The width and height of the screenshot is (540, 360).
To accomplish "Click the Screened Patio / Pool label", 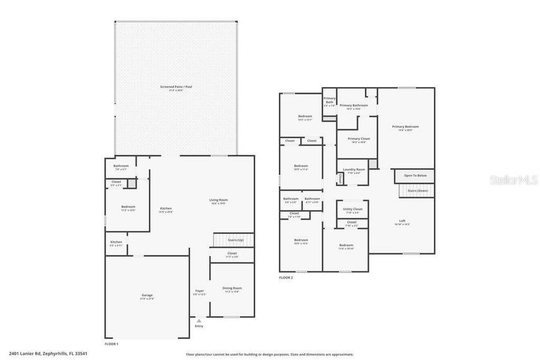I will [x=176, y=88].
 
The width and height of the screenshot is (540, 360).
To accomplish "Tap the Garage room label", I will [x=147, y=295].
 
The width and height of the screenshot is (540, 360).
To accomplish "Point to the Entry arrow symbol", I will [x=199, y=321].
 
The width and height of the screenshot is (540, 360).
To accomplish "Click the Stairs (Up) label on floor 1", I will [x=235, y=239].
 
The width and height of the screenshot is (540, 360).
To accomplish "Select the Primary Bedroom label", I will [x=405, y=127].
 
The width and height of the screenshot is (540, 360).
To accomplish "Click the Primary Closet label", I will [x=358, y=139].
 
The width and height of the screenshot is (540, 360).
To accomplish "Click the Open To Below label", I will [x=415, y=176].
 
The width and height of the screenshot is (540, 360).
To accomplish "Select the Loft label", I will [x=402, y=221].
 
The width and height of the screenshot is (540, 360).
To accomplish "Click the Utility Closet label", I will [x=352, y=209].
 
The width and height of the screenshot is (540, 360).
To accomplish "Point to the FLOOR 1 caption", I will [x=112, y=344].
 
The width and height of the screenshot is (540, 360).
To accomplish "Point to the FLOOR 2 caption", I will [x=286, y=278].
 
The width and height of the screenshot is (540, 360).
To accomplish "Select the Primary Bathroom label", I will [x=353, y=106].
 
